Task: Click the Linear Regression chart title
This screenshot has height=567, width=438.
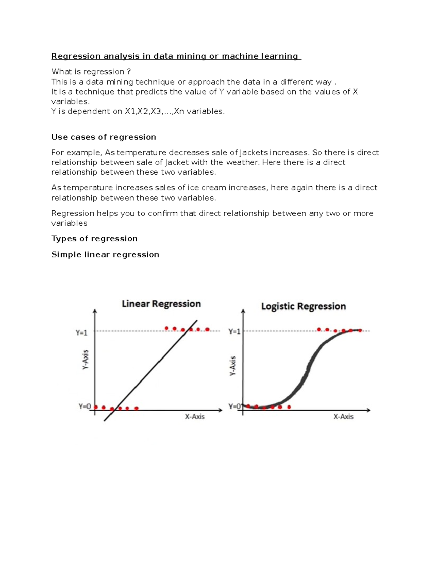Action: [161, 304]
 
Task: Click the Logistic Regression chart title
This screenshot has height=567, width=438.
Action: [303, 306]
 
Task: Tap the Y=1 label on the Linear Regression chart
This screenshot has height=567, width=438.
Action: [81, 333]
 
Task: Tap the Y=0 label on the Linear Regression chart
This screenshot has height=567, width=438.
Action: [84, 406]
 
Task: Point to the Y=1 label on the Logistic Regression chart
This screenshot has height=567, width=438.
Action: [234, 332]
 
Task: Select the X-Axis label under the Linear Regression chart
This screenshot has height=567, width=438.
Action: [195, 417]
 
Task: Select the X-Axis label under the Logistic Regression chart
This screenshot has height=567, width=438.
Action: [343, 417]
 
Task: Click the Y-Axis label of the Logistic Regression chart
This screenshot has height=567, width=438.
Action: [233, 365]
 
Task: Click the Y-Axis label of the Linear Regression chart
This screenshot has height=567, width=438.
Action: [85, 360]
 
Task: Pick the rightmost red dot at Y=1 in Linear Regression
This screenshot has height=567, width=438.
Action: [207, 329]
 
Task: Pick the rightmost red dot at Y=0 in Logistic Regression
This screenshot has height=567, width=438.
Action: [289, 407]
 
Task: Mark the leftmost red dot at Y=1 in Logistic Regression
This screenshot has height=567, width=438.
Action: [319, 329]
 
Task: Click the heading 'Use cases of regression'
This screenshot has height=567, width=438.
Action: [104, 137]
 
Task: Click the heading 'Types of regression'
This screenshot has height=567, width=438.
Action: [95, 238]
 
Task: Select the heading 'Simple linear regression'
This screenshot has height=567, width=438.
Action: [105, 254]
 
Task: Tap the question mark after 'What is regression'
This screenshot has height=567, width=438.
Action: [129, 72]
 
